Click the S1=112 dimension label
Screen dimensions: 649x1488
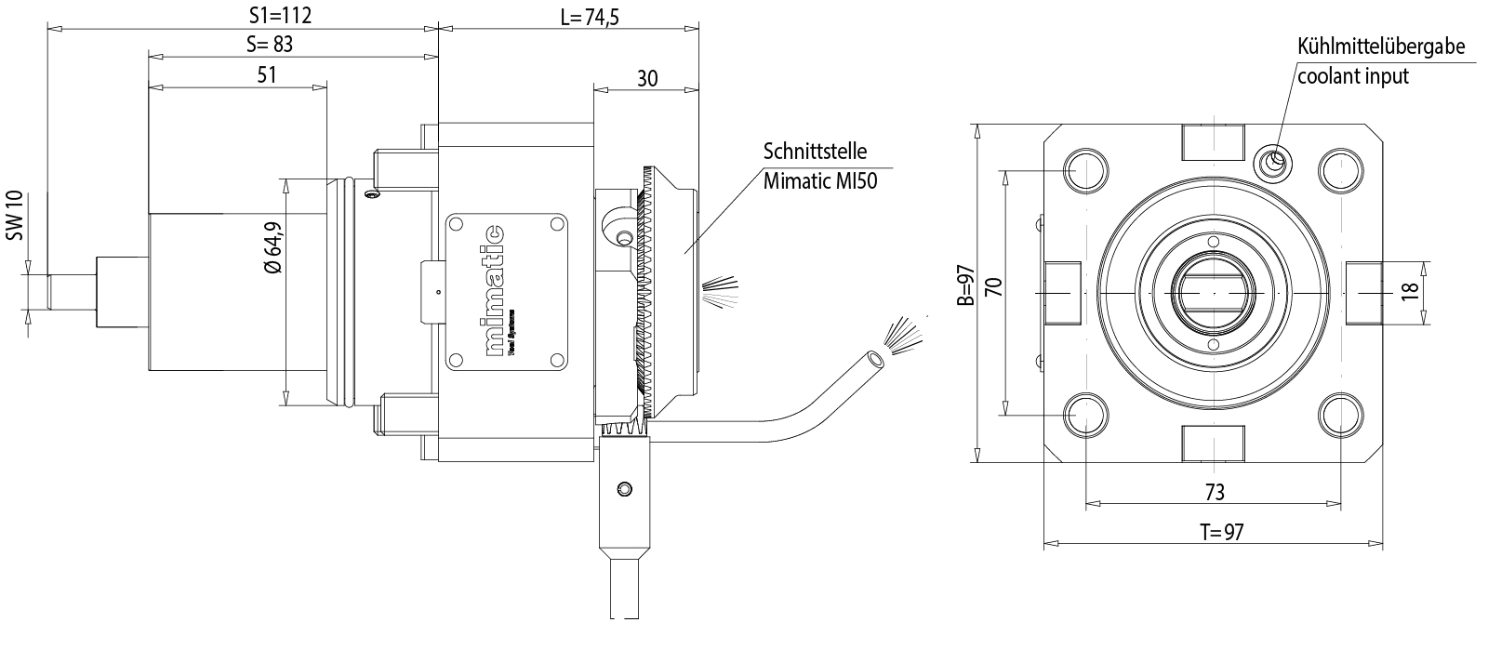click(280, 15)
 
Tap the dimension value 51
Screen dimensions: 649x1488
click(267, 75)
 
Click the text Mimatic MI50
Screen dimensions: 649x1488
click(821, 179)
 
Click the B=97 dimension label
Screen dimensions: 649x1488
click(965, 285)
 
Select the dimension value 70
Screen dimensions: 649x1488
click(992, 285)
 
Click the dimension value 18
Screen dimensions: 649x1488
click(1410, 290)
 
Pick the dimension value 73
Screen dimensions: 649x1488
click(1214, 491)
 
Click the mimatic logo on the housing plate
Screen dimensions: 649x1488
click(503, 291)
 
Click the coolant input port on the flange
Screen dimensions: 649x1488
click(1272, 162)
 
